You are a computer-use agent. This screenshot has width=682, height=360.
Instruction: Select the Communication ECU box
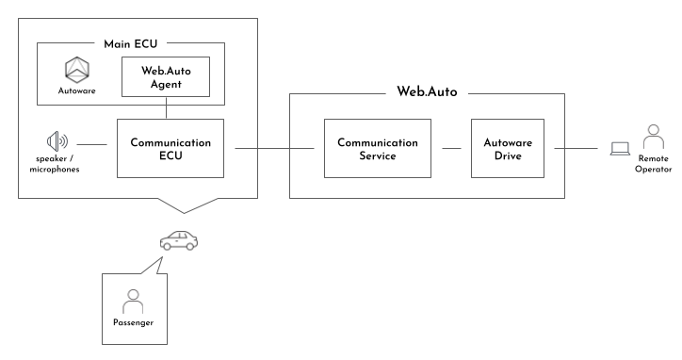[x=170, y=148]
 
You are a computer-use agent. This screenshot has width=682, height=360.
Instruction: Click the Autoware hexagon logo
[x=75, y=70]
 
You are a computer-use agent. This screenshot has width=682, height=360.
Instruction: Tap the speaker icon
[x=57, y=143]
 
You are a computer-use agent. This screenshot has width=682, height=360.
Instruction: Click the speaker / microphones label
[x=57, y=166]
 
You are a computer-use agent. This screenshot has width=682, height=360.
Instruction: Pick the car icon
[x=179, y=240]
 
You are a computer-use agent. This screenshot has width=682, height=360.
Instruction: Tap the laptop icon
[x=620, y=148]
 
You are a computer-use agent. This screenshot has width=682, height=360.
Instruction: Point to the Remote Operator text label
[x=653, y=166]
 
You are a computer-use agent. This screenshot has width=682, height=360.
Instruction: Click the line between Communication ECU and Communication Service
[x=273, y=148]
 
